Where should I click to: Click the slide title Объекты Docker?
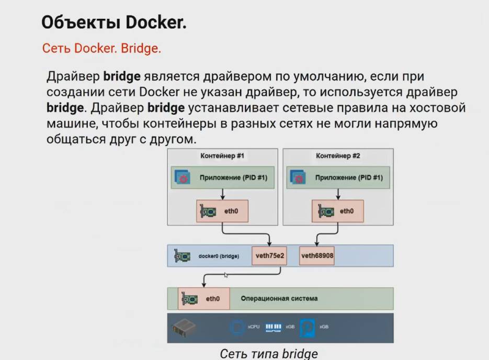[113, 22]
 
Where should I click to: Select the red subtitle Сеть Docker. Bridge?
[101, 49]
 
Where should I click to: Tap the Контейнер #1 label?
[222, 156]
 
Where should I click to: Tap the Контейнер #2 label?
[338, 156]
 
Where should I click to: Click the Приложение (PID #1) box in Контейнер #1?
[222, 178]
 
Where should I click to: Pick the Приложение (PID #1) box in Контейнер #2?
[338, 178]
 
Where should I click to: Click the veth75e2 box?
[269, 256]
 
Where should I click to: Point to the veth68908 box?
[317, 256]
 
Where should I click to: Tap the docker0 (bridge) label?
[219, 256]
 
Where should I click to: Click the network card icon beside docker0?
[182, 256]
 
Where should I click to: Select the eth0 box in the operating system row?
[203, 299]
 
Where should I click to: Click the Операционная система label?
[279, 299]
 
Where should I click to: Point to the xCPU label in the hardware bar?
[253, 327]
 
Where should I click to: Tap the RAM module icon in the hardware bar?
[274, 327]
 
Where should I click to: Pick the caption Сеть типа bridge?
[268, 353]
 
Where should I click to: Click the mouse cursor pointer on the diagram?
[225, 274]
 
